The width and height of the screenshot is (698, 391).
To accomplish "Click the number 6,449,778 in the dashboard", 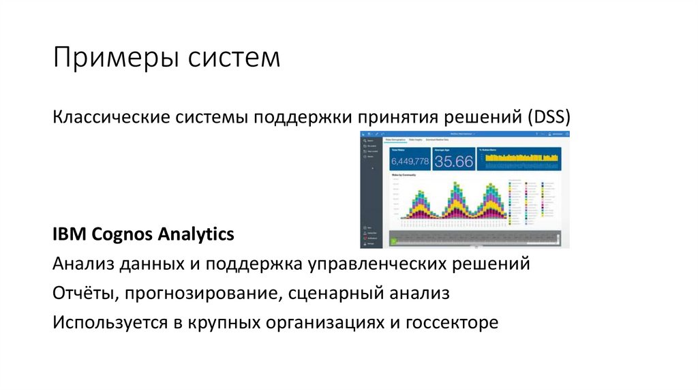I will [x=409, y=161].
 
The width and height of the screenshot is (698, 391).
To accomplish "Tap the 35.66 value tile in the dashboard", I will [x=453, y=161].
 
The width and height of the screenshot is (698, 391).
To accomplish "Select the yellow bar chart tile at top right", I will [x=521, y=159].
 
